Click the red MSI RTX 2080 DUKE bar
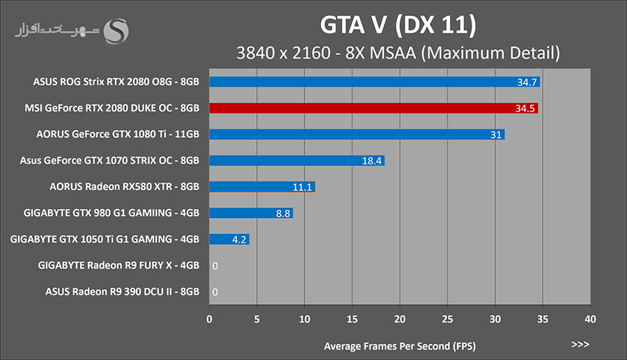(373, 108)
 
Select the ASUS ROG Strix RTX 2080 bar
(374, 82)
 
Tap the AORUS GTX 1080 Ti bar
(357, 134)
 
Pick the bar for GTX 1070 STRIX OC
(297, 161)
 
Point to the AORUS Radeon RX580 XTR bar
(262, 187)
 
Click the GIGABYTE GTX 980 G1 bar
(251, 213)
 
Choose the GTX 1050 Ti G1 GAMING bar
(229, 240)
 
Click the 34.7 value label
(527, 82)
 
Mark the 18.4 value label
(371, 161)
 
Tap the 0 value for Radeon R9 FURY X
(215, 266)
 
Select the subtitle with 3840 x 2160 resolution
(398, 52)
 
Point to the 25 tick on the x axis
(447, 319)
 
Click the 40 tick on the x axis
(590, 319)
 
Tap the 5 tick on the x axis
(256, 319)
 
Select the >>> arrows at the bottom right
(580, 345)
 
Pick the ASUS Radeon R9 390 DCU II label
(123, 292)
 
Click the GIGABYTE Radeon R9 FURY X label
(119, 265)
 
